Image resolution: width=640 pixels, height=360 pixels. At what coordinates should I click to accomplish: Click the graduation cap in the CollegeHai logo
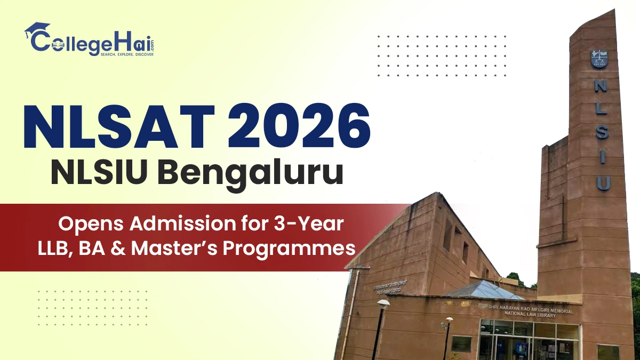click(36, 29)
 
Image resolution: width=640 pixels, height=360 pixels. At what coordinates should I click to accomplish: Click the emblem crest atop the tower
click(600, 59)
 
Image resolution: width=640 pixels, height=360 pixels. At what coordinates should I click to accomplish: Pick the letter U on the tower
click(603, 183)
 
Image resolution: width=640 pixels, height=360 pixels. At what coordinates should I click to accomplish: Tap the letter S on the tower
click(601, 132)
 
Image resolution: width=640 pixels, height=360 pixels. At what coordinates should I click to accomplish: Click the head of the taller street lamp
click(383, 303)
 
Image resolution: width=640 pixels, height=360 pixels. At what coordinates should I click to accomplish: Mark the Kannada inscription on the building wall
click(393, 284)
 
